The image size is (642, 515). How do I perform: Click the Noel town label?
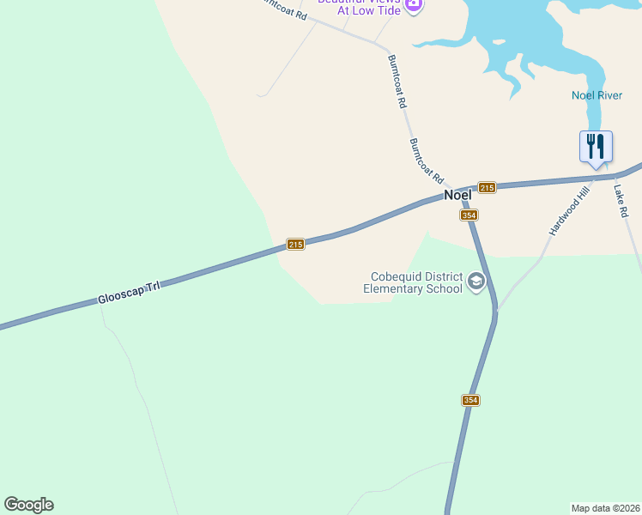tap(457, 195)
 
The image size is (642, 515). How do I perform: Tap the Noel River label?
tap(597, 95)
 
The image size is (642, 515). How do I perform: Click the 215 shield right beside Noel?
tap(487, 187)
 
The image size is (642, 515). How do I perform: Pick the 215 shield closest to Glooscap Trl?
tap(294, 245)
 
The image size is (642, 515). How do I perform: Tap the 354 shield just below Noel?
tap(468, 215)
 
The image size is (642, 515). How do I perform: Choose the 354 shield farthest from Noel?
tap(469, 400)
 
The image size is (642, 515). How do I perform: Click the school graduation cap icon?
tap(475, 281)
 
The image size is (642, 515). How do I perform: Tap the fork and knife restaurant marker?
tap(596, 146)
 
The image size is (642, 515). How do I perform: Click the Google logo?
tap(28, 505)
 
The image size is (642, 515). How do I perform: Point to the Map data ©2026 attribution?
tap(605, 507)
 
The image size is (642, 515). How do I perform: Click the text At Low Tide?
tap(370, 10)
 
